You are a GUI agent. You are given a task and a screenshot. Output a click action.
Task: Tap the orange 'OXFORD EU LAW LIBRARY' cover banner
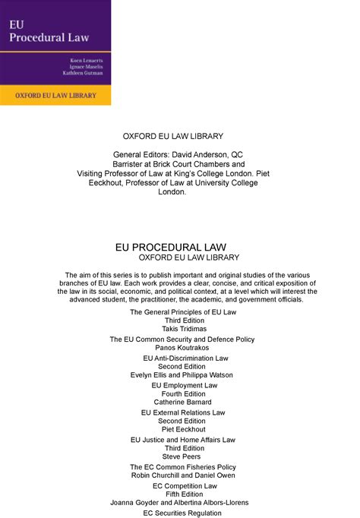pyautogui.click(x=57, y=96)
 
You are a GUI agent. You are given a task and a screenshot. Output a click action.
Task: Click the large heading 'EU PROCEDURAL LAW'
pyautogui.click(x=180, y=247)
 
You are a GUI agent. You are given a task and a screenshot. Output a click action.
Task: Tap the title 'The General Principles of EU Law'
pyautogui.click(x=183, y=312)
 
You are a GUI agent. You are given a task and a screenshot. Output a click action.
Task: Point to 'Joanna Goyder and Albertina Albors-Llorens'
pyautogui.click(x=180, y=502)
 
